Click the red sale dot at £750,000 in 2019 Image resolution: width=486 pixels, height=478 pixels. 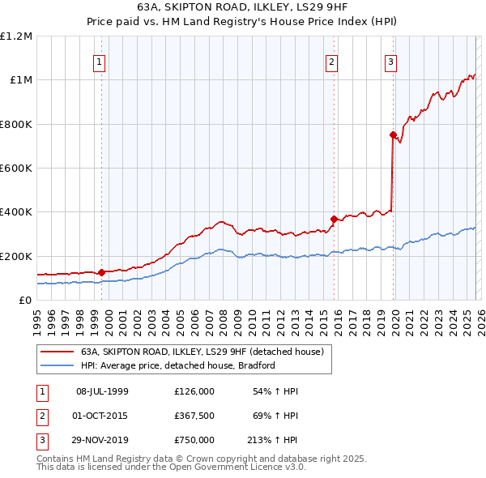tap(393, 135)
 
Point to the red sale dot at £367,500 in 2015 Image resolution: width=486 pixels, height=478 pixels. tap(334, 219)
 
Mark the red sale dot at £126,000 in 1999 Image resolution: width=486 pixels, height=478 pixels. tap(101, 272)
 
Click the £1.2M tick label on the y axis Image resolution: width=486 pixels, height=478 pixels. tap(16, 36)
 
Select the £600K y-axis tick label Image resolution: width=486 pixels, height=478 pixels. tap(16, 168)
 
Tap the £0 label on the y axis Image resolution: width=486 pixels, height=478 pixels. tap(24, 300)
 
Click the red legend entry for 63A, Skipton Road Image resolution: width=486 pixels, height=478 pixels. tap(202, 352)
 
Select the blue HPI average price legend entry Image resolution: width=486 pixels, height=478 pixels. tap(178, 365)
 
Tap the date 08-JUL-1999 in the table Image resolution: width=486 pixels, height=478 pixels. tap(103, 391)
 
